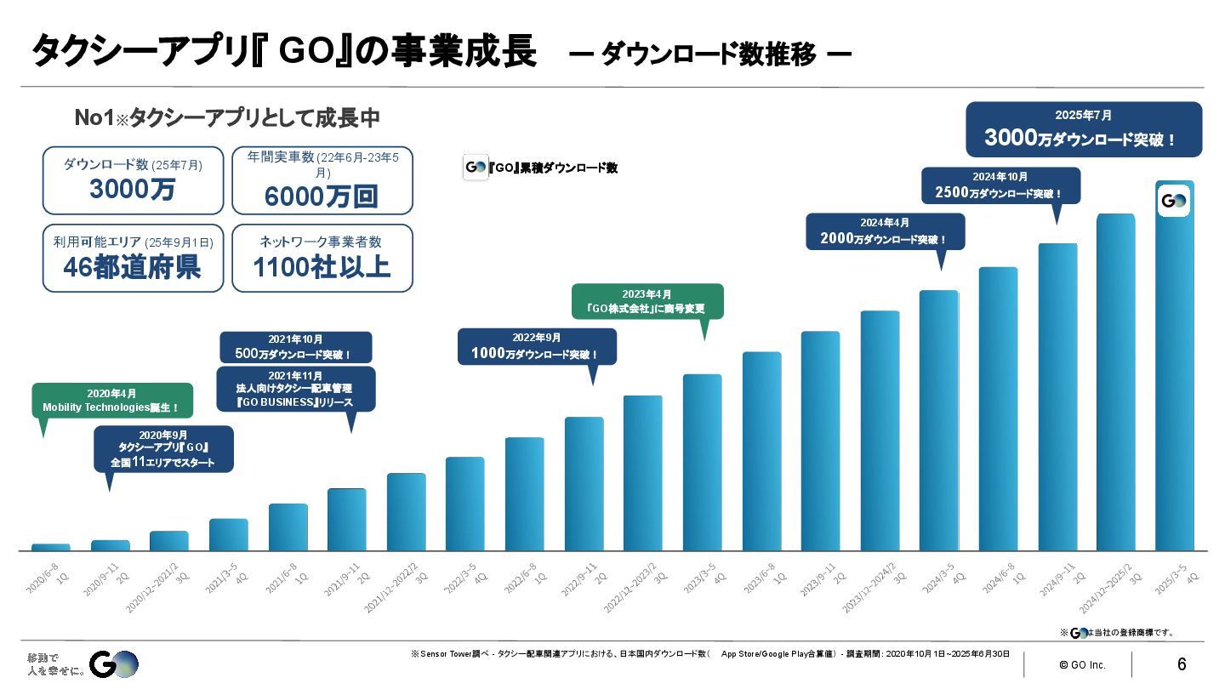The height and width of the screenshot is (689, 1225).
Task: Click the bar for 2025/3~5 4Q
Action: [x=1174, y=374]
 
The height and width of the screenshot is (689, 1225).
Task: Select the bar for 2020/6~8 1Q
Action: [x=51, y=547]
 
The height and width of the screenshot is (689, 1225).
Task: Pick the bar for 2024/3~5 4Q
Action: [x=938, y=420]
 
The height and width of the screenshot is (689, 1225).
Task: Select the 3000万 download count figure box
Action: [x=133, y=179]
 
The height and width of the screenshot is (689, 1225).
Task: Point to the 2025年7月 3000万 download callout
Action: [x=1084, y=129]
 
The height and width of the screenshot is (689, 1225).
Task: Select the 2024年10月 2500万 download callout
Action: [x=1000, y=185]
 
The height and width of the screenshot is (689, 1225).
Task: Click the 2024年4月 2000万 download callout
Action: [x=885, y=232]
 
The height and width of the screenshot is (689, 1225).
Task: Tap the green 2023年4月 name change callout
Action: [x=647, y=301]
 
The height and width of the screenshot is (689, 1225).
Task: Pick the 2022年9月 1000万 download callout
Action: [x=537, y=346]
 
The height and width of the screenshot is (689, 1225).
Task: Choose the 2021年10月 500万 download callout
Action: [x=295, y=347]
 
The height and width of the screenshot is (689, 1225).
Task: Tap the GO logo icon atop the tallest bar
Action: [x=1174, y=202]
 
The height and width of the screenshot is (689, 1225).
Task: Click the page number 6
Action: [x=1182, y=664]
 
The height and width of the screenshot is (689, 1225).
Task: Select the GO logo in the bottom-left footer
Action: [x=113, y=664]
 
